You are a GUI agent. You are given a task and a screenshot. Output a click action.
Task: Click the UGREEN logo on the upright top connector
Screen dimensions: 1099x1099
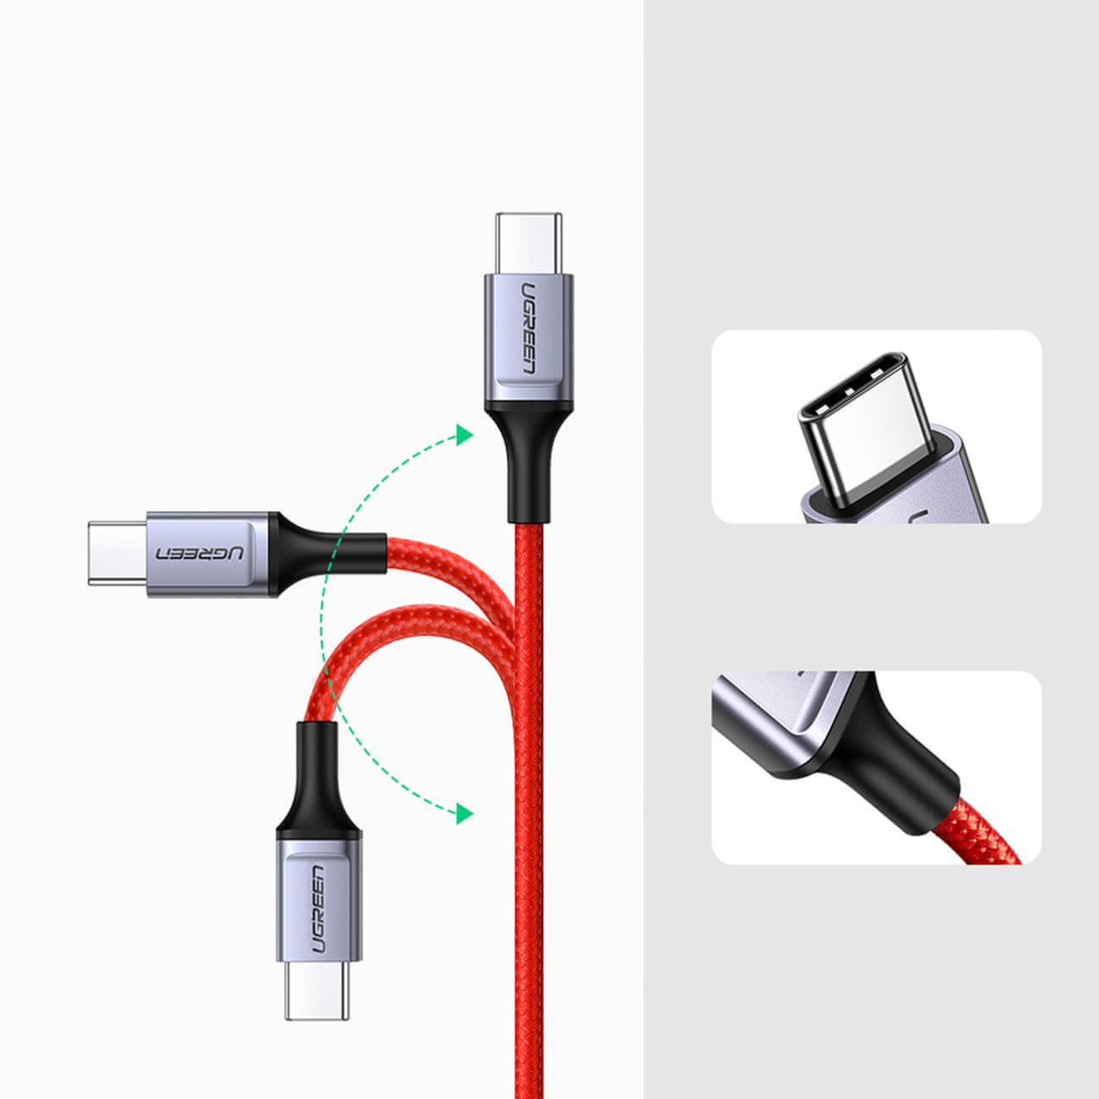pyautogui.click(x=528, y=328)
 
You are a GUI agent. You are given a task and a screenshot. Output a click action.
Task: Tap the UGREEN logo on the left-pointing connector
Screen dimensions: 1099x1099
pyautogui.click(x=200, y=553)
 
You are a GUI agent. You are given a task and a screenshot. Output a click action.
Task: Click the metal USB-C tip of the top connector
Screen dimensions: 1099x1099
pyautogui.click(x=528, y=243)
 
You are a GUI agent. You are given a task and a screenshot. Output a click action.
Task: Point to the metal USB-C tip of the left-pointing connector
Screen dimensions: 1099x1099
pyautogui.click(x=118, y=553)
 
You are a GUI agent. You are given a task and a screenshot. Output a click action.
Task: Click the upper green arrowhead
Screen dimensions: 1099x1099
pyautogui.click(x=464, y=435)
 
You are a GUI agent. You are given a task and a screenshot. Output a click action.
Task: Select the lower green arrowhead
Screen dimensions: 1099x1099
pyautogui.click(x=464, y=812)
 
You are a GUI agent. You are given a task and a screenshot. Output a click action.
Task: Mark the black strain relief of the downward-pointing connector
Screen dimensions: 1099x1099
pyautogui.click(x=318, y=781)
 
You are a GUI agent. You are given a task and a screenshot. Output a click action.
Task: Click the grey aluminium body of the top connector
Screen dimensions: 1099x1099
pyautogui.click(x=528, y=339)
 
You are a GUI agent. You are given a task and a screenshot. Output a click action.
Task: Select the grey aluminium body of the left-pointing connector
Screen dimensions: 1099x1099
pyautogui.click(x=208, y=554)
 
